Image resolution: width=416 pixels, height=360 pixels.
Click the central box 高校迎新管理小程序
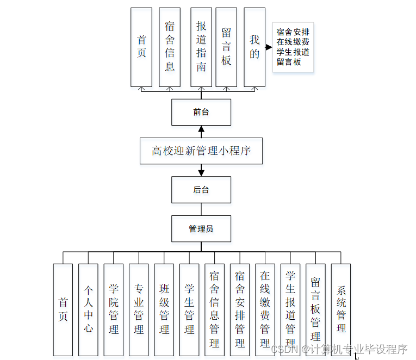201,151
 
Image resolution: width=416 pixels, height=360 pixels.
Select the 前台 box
201,113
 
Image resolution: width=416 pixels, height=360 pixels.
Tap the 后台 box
201,190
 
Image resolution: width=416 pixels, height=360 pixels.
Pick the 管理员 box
201,229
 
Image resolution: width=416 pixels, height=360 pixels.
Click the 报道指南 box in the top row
201,47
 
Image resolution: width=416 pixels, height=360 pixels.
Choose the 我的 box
254,47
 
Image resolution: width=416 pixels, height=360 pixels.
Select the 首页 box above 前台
141,47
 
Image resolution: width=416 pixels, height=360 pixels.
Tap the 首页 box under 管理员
63,309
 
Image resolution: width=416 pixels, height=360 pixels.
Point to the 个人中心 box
88,309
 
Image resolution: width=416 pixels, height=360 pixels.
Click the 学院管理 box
114,309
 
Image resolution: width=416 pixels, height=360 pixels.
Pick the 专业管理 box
139,309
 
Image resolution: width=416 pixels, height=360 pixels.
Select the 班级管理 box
164,309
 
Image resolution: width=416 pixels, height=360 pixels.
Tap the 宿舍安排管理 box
240,309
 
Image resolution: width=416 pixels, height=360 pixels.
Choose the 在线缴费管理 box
265,309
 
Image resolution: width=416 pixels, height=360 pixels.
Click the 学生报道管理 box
290,309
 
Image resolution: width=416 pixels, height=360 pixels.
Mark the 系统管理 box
341,309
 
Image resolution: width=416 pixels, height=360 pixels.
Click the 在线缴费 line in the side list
293,42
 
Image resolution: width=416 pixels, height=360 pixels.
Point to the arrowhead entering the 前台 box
201,129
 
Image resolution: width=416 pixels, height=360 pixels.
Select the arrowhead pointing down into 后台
201,173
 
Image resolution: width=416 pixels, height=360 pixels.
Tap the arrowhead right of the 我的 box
269,47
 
